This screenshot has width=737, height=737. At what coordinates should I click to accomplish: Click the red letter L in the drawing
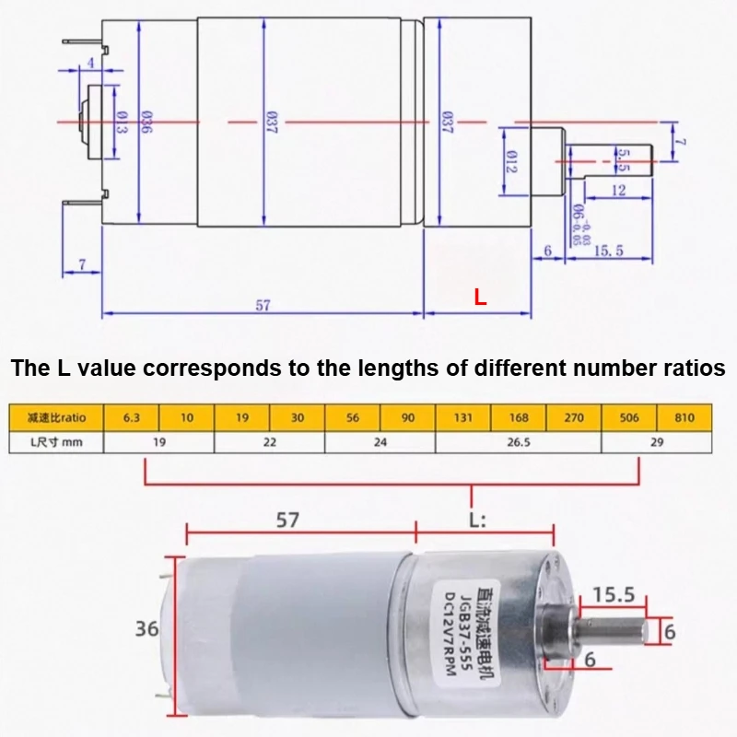pyautogui.click(x=479, y=298)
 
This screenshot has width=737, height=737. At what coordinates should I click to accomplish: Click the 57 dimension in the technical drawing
pyautogui.click(x=263, y=306)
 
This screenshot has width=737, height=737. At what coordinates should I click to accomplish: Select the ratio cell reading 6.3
pyautogui.click(x=131, y=417)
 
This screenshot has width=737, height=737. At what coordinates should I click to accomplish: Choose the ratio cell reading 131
pyautogui.click(x=462, y=417)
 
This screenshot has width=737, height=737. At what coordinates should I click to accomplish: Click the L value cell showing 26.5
pyautogui.click(x=518, y=440)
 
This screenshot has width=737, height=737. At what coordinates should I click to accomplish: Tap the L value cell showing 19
pyautogui.click(x=158, y=440)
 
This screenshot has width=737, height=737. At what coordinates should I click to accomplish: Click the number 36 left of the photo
pyautogui.click(x=147, y=630)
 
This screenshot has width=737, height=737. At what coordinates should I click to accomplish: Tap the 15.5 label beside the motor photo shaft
pyautogui.click(x=613, y=595)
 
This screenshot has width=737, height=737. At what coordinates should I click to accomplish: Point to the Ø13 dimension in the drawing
pyautogui.click(x=121, y=123)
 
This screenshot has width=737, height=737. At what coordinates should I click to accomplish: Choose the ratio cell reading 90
pyautogui.click(x=407, y=417)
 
